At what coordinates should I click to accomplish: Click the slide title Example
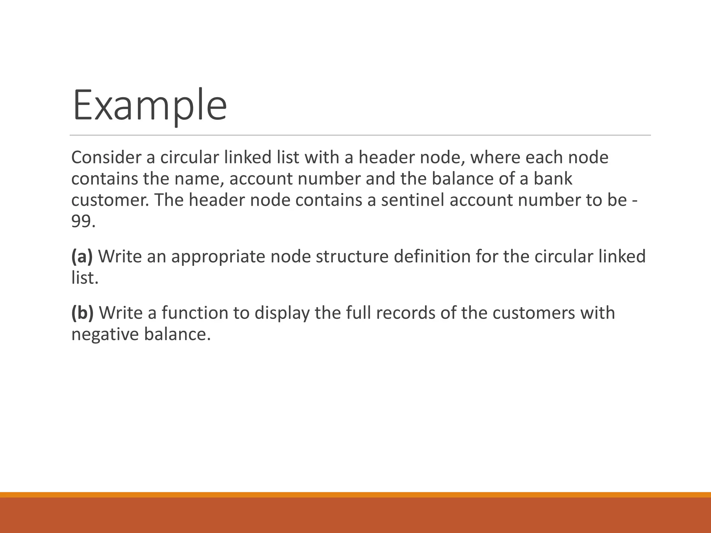pyautogui.click(x=150, y=105)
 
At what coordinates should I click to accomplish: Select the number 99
pyautogui.click(x=81, y=221)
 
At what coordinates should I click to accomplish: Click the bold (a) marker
pyautogui.click(x=82, y=256)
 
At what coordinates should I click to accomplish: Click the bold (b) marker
pyautogui.click(x=82, y=313)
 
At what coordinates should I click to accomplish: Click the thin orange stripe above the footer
pyautogui.click(x=355, y=494)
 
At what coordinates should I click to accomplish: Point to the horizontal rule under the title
pyautogui.click(x=360, y=135)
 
